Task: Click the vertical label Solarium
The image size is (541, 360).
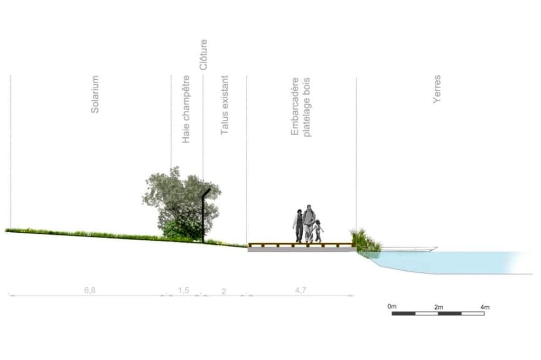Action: [x=95, y=94]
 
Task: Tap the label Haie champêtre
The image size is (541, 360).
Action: [x=186, y=109]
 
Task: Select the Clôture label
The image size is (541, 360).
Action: [x=203, y=54]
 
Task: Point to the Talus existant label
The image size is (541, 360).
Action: [x=225, y=105]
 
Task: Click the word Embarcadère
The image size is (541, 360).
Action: [x=295, y=107]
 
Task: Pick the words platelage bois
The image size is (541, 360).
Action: [x=306, y=107]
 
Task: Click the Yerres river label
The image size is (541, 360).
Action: [x=437, y=89]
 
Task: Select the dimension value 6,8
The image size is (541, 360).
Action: [x=90, y=290]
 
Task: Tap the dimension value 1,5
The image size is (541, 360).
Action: [x=183, y=290]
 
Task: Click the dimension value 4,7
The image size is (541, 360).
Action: [x=300, y=290]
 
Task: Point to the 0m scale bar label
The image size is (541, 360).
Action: [x=392, y=306]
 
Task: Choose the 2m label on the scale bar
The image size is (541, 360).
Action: [x=439, y=307]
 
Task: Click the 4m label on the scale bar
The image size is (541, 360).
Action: [x=485, y=307]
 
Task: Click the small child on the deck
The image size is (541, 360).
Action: [x=318, y=231]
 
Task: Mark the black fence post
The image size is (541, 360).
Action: [x=205, y=215]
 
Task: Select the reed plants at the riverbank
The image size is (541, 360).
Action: [x=366, y=240]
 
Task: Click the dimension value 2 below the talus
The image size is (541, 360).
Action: [x=223, y=291]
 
